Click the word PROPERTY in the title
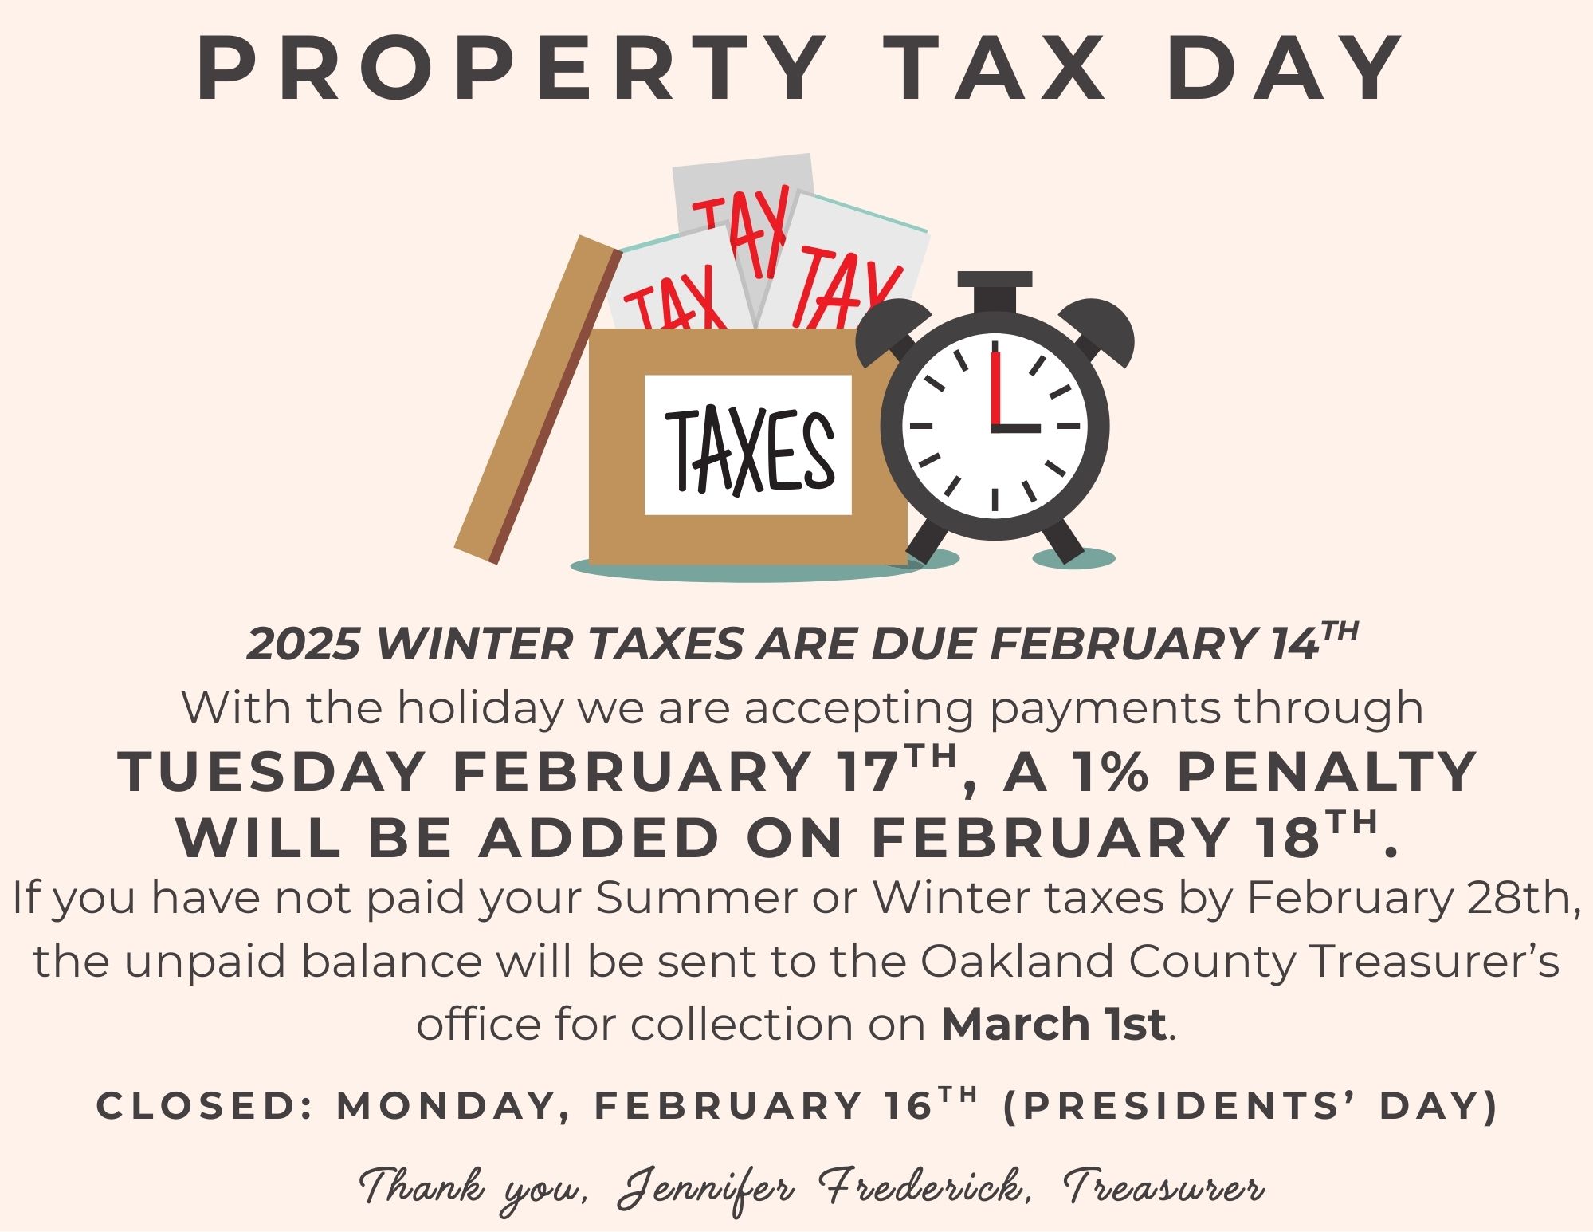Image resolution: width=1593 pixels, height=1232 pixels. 511,69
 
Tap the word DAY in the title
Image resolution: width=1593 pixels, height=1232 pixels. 1285,69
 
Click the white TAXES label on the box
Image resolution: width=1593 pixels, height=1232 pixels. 747,445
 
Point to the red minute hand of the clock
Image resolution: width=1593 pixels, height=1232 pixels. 995,387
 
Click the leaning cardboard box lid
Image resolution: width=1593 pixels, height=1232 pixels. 537,400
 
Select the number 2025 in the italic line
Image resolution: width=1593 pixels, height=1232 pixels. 303,644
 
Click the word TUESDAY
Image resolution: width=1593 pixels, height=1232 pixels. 271,773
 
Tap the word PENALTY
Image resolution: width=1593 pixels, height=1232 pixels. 1326,773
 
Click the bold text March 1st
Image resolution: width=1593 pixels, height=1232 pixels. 1053,1024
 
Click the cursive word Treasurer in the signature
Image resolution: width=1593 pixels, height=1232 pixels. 1164,1187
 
